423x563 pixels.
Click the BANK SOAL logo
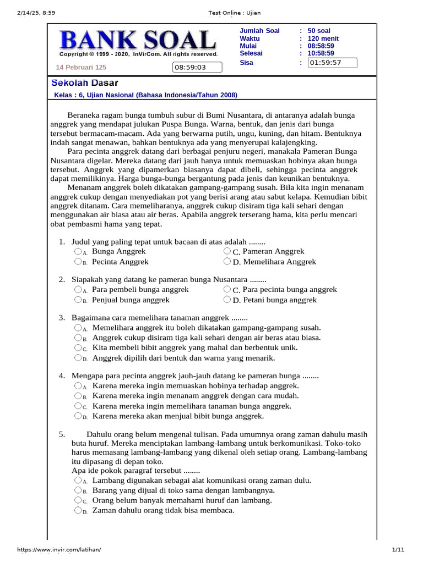point(138,41)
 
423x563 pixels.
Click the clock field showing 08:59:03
point(197,68)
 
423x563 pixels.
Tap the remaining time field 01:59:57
point(332,63)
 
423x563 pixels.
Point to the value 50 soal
point(319,31)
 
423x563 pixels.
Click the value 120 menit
point(323,38)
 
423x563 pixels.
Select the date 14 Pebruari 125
point(81,68)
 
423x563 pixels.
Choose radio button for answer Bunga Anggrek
point(78,251)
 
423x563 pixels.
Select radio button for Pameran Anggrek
point(227,251)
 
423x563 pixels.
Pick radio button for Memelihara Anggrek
point(227,262)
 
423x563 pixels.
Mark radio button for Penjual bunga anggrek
point(78,300)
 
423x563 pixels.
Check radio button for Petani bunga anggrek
point(227,300)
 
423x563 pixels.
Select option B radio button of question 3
point(78,338)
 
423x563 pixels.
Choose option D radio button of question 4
point(78,416)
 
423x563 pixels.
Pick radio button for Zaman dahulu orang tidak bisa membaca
point(78,510)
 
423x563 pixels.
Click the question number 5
point(62,434)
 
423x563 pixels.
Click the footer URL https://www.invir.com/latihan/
point(59,550)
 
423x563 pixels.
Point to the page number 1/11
point(398,550)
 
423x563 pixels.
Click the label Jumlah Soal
point(259,31)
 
